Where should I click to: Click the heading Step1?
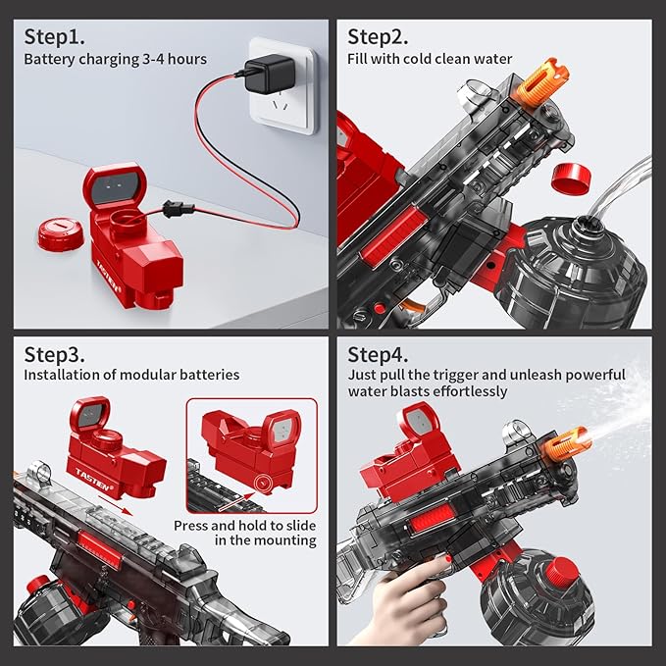pyautogui.click(x=54, y=36)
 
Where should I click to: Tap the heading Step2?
pyautogui.click(x=378, y=36)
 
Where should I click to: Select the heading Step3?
pyautogui.click(x=54, y=354)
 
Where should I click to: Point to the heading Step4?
pyautogui.click(x=378, y=354)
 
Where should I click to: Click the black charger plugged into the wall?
pyautogui.click(x=270, y=74)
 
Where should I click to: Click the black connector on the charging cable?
pyautogui.click(x=179, y=209)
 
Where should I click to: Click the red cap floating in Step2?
pyautogui.click(x=571, y=177)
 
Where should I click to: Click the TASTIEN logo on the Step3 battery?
pyautogui.click(x=94, y=479)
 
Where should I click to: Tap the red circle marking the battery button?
pyautogui.click(x=264, y=483)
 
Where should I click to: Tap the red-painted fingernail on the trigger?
pyautogui.click(x=447, y=557)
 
